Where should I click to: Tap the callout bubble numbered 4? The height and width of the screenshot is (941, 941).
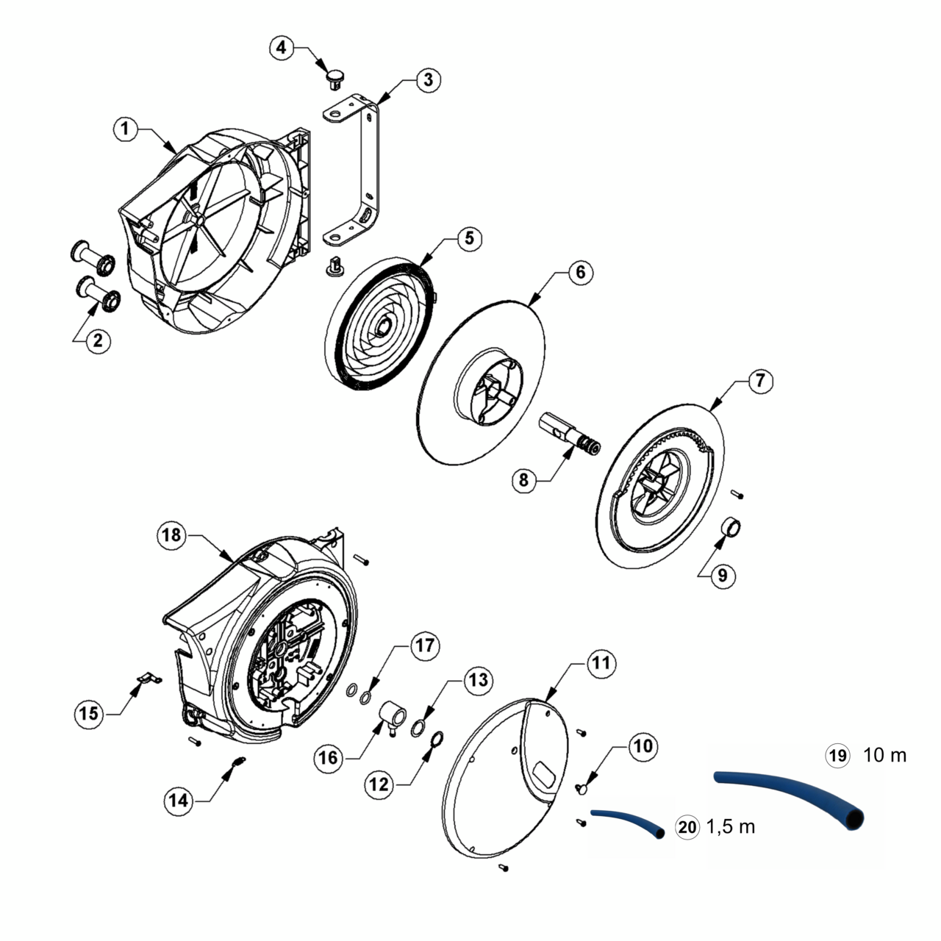280,48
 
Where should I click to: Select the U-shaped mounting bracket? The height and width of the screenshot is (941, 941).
366,169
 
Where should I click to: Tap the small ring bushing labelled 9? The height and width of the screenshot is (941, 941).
733,527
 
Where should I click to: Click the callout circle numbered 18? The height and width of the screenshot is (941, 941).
171,535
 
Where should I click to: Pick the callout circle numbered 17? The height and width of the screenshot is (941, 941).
425,646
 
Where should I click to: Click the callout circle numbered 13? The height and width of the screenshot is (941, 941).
478,681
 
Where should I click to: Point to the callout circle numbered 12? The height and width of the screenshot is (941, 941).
379,784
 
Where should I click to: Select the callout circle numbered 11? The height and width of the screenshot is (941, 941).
601,662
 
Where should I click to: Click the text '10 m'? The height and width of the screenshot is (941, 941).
884,755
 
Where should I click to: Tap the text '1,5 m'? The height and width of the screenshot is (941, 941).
731,827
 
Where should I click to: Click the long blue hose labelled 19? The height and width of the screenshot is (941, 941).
794,790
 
